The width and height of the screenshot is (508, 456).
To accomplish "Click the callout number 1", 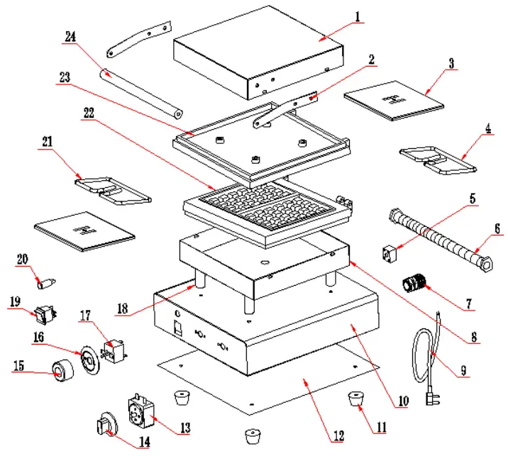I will pyautogui.click(x=358, y=15).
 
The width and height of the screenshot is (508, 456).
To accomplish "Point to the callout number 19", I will pyautogui.click(x=16, y=301).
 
